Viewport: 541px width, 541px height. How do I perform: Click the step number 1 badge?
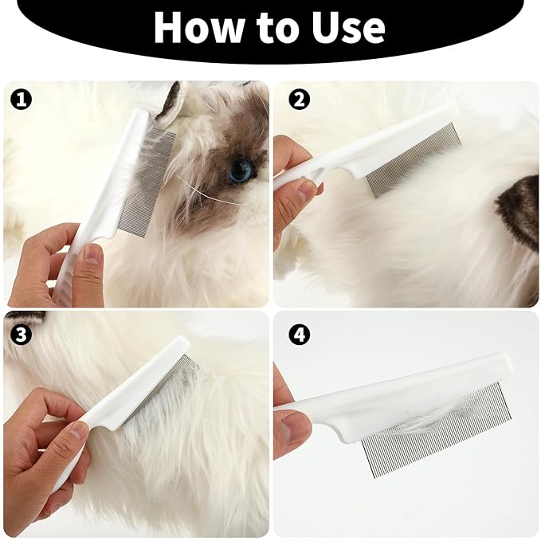[22, 100]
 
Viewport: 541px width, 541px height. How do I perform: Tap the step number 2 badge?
[299, 100]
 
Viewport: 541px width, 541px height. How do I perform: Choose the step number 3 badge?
[22, 335]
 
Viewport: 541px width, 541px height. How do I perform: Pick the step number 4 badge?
[299, 335]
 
